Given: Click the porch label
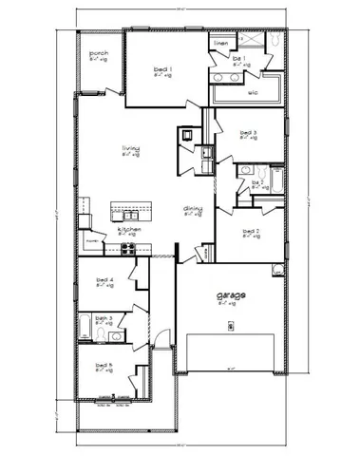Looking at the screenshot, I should pos(98,54).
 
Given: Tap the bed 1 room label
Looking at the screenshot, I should pos(162,69).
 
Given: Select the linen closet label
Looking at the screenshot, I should pos(221,44).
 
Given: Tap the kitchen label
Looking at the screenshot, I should pos(129,229).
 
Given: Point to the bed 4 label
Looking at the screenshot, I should pos(105,280).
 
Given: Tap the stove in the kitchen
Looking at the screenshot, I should pos(128,248).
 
